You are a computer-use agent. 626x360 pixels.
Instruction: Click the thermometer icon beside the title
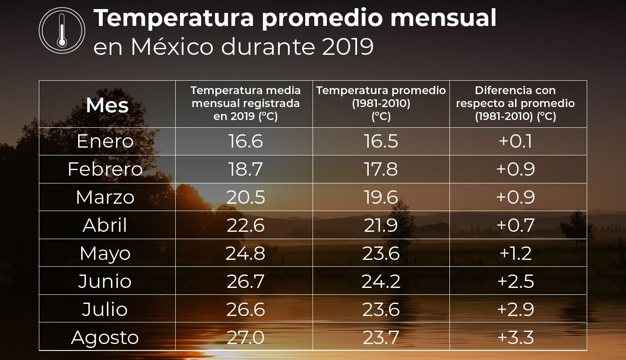coord(62,30)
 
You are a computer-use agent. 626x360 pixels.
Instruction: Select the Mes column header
coord(107,105)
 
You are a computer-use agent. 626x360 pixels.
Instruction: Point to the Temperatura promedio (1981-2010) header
coord(381,104)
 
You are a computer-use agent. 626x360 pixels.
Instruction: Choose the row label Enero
coord(105,142)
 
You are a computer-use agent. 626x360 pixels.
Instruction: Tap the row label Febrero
coord(105,169)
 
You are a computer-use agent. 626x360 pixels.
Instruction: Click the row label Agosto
coord(105,337)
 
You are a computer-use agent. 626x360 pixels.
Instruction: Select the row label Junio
coord(105,281)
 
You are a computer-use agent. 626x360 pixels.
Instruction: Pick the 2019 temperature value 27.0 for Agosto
coord(245,337)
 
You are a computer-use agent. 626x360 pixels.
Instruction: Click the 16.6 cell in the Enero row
coord(245,142)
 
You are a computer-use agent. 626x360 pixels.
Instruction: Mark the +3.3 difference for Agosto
coord(515,337)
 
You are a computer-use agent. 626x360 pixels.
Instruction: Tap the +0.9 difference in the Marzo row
coord(515,197)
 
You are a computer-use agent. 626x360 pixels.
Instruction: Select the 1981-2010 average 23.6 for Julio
coord(381,309)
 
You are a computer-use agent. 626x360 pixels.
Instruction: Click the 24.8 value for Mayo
coord(245,253)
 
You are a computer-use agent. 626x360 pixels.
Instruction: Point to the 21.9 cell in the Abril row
coord(381,225)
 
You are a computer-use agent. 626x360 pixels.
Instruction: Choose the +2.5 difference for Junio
coord(515,281)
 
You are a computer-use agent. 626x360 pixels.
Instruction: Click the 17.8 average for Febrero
coord(381,169)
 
